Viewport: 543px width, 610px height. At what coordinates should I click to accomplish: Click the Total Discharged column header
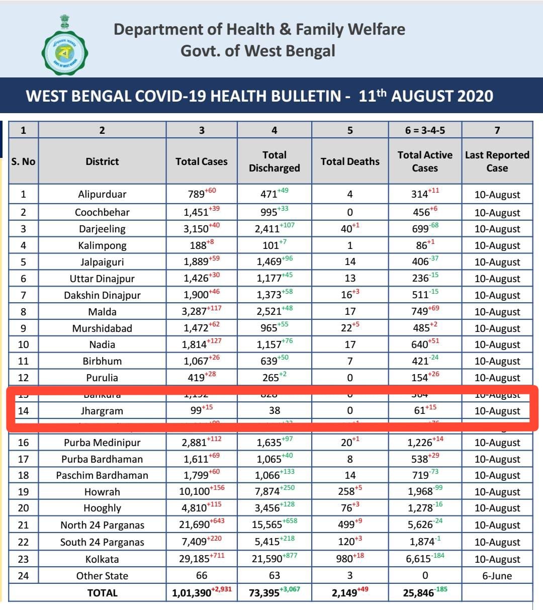tap(274, 161)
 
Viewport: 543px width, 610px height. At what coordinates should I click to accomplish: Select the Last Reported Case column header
tap(497, 161)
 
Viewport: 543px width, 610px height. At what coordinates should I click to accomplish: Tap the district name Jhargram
tap(102, 411)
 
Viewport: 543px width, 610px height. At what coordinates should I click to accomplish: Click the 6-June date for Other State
tap(497, 576)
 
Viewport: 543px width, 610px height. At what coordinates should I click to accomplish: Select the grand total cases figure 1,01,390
tap(192, 593)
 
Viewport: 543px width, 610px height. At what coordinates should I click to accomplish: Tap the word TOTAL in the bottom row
tap(102, 593)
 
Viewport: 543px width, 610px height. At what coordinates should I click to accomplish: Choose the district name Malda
tap(102, 312)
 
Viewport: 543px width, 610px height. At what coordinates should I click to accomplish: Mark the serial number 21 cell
tap(23, 525)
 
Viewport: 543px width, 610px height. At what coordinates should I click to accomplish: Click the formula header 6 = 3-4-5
tap(425, 131)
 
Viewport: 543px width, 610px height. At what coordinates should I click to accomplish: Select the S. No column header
tap(23, 161)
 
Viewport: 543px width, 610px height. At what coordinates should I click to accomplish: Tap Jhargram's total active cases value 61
tap(420, 411)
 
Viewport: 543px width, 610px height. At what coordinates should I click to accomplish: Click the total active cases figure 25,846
tap(418, 593)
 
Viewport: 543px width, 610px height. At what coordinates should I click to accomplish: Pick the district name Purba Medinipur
tap(102, 443)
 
